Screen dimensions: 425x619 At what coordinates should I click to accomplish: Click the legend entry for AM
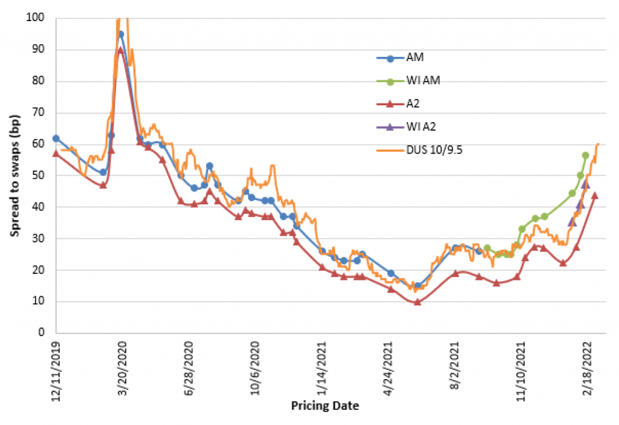click(415, 59)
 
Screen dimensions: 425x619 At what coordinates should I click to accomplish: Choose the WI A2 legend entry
click(420, 127)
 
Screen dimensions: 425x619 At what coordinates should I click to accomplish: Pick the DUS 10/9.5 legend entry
click(430, 149)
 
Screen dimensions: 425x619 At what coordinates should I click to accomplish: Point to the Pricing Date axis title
click(324, 406)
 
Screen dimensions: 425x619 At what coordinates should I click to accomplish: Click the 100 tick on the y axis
click(36, 18)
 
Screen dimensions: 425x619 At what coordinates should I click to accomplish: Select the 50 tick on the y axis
click(38, 175)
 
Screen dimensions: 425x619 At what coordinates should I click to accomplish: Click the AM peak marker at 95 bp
click(121, 34)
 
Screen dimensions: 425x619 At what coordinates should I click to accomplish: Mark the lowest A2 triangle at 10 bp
click(417, 301)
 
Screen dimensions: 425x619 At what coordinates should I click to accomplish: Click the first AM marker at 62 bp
click(56, 138)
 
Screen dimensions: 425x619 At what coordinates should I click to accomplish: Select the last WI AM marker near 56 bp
click(585, 155)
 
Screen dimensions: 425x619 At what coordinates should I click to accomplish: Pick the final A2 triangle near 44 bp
click(595, 195)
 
